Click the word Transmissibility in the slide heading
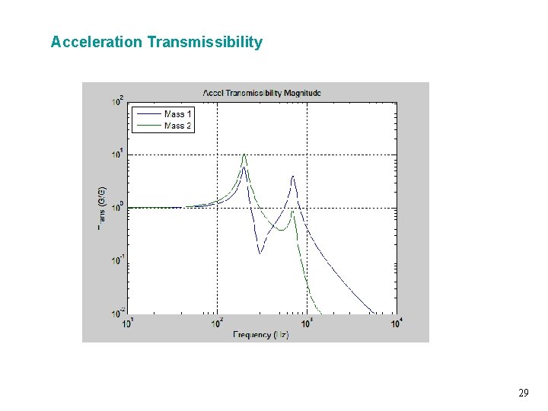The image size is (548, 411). (x=205, y=42)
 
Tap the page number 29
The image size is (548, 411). (x=523, y=393)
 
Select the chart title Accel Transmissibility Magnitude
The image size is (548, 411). (x=262, y=93)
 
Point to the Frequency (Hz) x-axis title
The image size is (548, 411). (x=261, y=335)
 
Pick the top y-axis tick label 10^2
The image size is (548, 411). (x=118, y=100)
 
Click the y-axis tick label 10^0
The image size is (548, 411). (x=118, y=207)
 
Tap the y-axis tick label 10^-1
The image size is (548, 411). (x=117, y=260)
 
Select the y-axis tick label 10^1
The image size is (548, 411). (x=118, y=154)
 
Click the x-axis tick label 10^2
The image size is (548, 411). (x=218, y=323)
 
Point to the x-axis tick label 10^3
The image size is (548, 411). (x=307, y=323)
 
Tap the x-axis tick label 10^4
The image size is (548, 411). (x=396, y=323)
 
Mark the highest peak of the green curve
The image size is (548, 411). (x=244, y=155)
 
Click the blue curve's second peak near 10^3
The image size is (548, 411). (x=293, y=177)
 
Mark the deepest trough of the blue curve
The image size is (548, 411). (x=260, y=253)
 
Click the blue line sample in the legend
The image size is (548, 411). (x=148, y=114)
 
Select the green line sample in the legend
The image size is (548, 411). (x=148, y=126)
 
